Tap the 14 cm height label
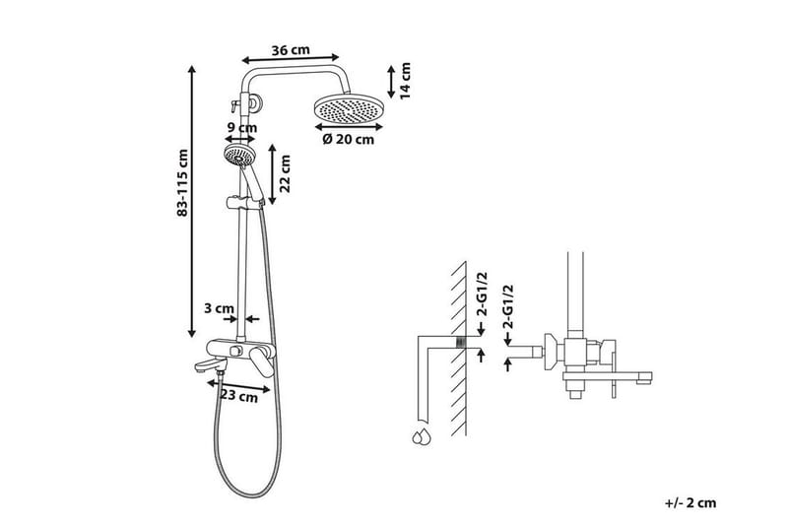tap(406, 80)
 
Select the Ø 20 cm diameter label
tap(349, 139)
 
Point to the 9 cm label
tap(242, 127)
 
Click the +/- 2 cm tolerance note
tap(689, 503)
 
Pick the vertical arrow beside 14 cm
tap(391, 80)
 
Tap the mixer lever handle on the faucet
tap(264, 361)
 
